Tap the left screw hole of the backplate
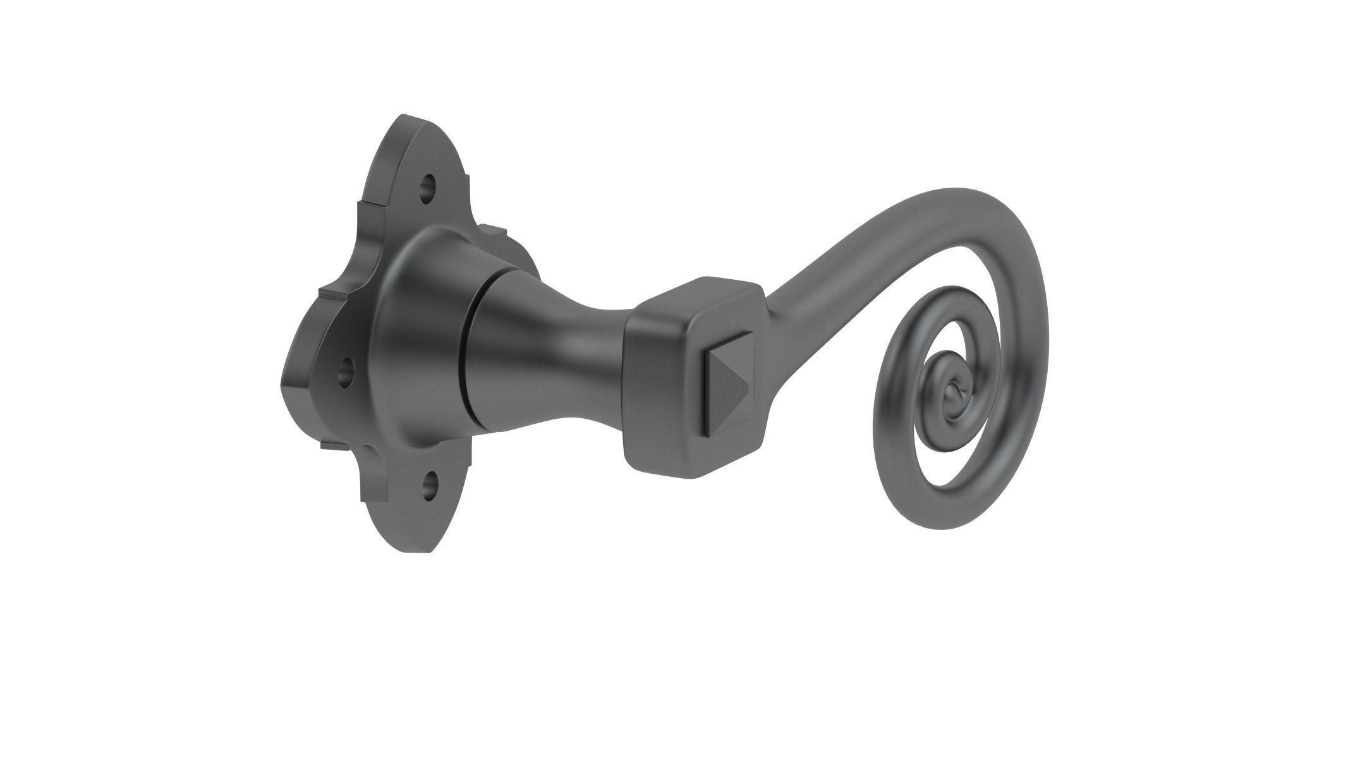(x=345, y=372)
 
